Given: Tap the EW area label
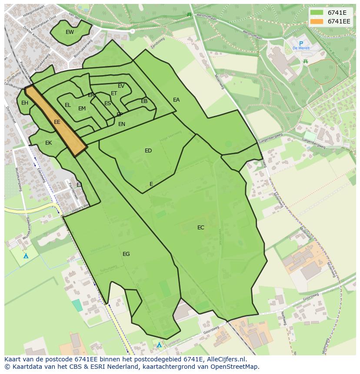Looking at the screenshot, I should point(70,32).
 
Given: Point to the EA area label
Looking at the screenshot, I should point(176,100).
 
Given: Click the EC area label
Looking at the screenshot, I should point(200,228).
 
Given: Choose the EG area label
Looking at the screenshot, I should point(126,254).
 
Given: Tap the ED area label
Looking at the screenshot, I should point(148,151).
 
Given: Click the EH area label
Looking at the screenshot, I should point(25,103).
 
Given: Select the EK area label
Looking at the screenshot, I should point(49,143).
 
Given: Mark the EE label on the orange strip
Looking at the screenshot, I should point(57,122).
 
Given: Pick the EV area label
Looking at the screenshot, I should point(121,86).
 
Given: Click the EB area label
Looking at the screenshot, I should point(144,101).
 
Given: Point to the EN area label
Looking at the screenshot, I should point(122,124).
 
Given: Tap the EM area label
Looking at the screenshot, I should point(82,109).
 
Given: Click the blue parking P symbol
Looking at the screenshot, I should point(300,43).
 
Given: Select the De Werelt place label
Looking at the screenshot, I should point(300,48).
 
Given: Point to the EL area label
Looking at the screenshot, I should point(67,105).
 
